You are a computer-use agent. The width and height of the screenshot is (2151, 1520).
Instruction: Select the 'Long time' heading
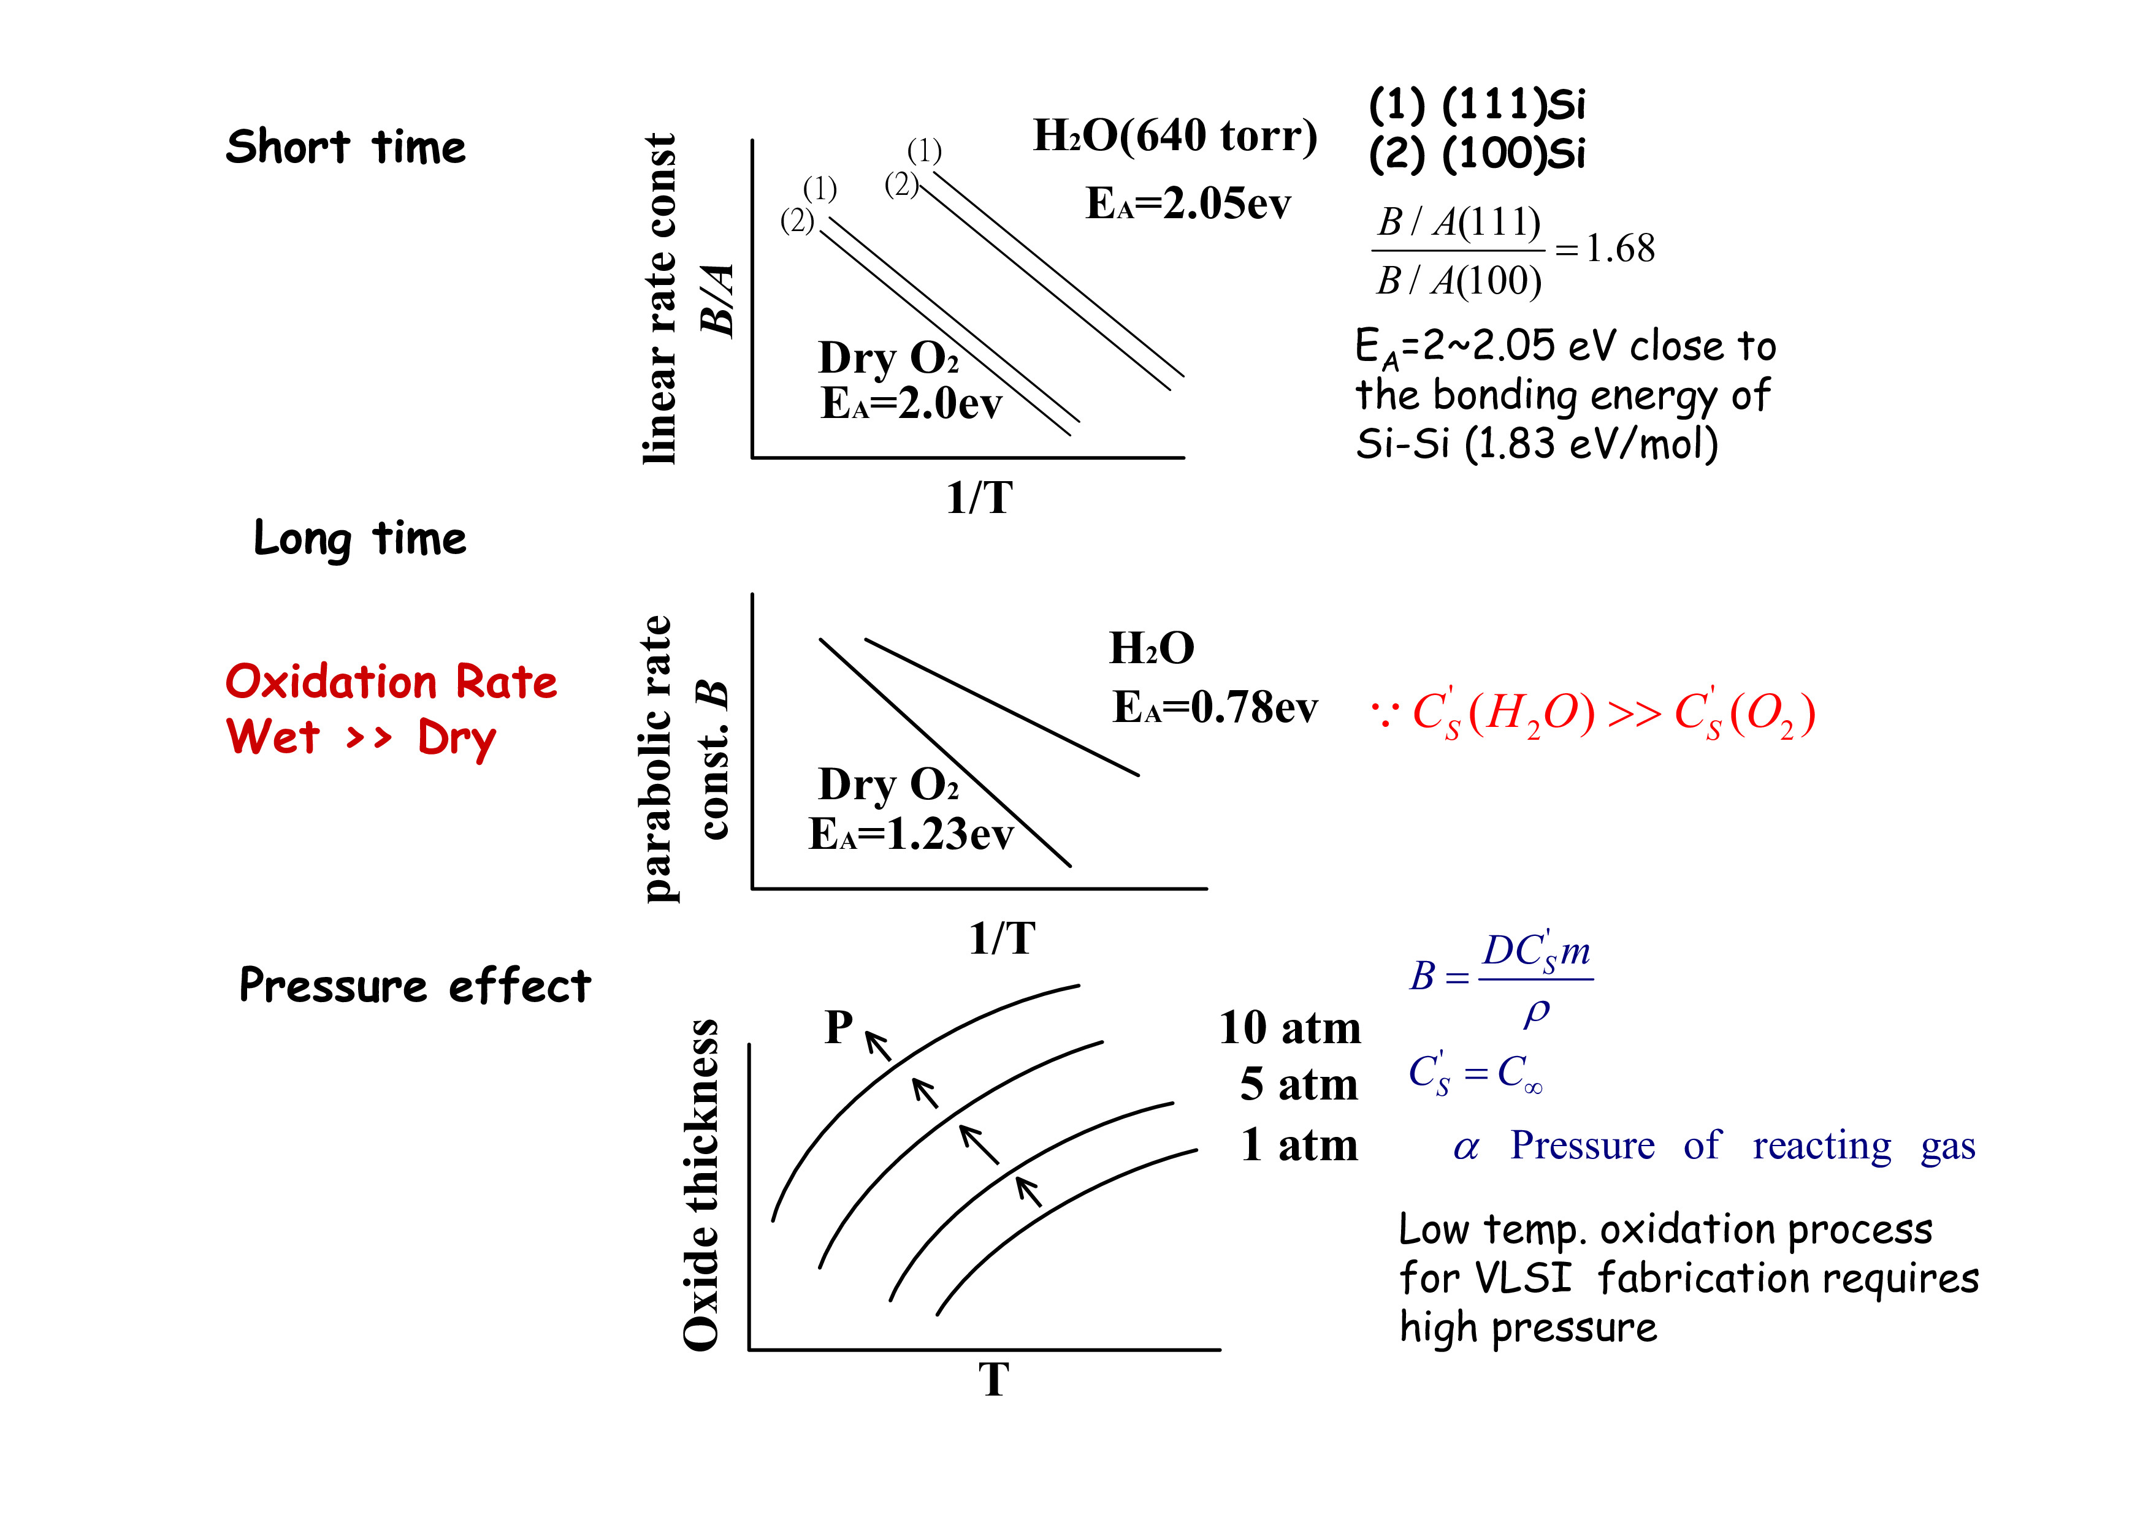(360, 539)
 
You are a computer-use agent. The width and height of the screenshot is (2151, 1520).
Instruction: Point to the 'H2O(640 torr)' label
(1175, 137)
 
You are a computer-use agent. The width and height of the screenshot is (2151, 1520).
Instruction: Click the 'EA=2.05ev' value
(1188, 204)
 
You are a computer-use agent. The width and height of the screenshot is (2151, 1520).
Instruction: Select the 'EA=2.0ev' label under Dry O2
(911, 405)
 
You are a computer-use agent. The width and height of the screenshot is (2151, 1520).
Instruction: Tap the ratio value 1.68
(1620, 249)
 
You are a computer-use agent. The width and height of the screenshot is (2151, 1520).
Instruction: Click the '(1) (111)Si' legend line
(1477, 105)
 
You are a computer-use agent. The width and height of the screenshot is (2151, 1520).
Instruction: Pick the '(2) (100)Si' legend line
(1477, 154)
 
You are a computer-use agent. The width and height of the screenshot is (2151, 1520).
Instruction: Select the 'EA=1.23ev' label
(911, 834)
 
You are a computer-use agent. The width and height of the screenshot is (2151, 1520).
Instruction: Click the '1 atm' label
(1299, 1146)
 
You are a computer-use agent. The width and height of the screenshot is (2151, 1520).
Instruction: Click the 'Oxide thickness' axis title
(701, 1185)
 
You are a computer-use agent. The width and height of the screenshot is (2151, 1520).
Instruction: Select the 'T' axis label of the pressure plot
(994, 1380)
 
